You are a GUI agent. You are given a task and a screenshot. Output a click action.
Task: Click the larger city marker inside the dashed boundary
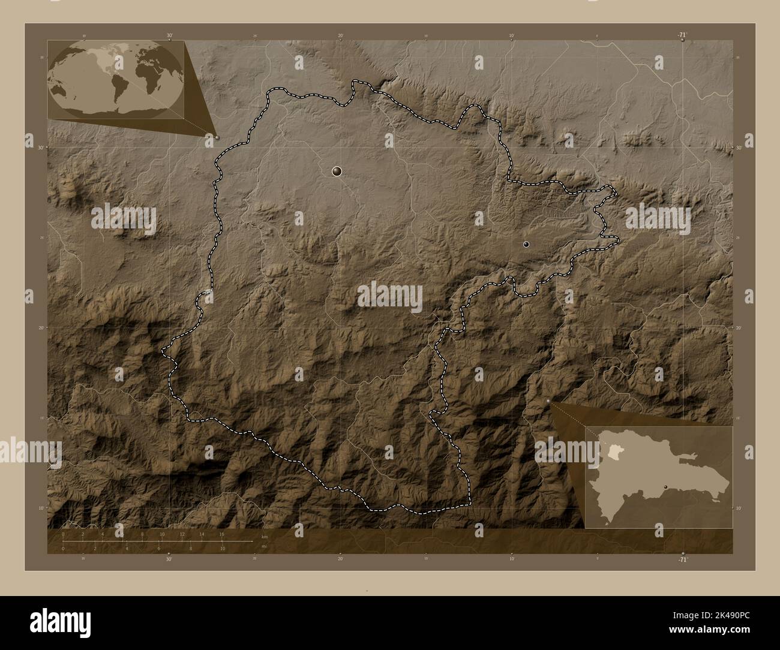point(337,172)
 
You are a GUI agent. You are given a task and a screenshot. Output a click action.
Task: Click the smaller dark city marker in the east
point(526,244)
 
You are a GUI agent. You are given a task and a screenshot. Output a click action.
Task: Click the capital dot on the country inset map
point(665,486)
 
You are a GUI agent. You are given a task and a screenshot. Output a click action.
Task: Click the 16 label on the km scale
point(222,534)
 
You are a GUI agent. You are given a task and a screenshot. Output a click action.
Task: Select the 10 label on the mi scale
point(222,548)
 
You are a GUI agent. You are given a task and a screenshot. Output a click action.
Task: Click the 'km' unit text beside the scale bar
point(264,536)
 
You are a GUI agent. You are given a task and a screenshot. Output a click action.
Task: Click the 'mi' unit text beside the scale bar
point(264,546)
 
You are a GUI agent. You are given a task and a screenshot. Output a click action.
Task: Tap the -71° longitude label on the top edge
point(682,35)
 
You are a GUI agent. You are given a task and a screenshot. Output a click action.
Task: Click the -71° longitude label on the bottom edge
point(682,559)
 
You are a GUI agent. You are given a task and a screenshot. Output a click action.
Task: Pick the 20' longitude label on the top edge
point(340,36)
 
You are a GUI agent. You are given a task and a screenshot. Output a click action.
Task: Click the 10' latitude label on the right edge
point(739,508)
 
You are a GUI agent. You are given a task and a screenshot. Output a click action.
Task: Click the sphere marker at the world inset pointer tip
point(217,137)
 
